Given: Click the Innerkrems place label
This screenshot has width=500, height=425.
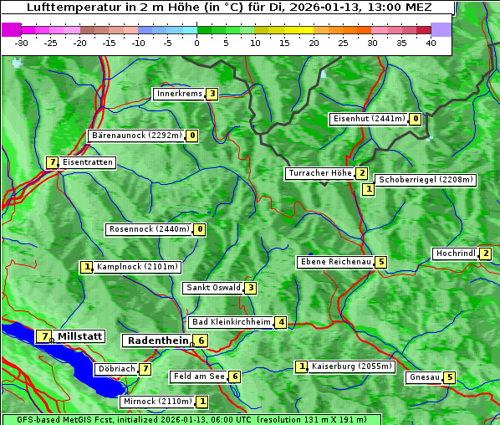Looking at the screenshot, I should click(x=179, y=94).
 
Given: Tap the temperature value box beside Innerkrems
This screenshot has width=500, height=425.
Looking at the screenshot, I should click(x=212, y=94).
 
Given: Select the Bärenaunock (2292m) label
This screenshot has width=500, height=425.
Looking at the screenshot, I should click(x=136, y=136).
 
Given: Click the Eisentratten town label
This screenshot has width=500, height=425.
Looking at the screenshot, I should click(x=87, y=162).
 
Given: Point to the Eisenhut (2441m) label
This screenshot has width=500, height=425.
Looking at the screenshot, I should click(x=368, y=119).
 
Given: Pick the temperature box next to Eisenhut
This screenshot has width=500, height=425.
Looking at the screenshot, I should click(x=416, y=119).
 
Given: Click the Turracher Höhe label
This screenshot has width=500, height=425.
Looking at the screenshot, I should click(x=319, y=173).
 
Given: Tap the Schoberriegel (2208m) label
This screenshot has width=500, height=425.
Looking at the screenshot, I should click(x=426, y=180).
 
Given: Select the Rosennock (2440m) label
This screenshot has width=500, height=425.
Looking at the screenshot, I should click(x=149, y=229).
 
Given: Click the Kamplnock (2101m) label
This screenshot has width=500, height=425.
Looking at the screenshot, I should click(x=137, y=268).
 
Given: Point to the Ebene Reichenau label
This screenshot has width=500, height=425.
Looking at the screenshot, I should click(x=335, y=262).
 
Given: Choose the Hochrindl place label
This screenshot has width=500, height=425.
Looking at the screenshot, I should click(x=455, y=253).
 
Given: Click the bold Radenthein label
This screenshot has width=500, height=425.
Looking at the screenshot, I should click(x=157, y=341).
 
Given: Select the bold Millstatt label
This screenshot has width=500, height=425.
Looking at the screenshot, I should click(x=79, y=336).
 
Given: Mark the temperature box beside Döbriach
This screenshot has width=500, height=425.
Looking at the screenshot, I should click(x=145, y=369).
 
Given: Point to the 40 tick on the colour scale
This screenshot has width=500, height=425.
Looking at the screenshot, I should click(x=431, y=43).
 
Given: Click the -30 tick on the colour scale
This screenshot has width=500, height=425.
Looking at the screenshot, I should click(x=22, y=43).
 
